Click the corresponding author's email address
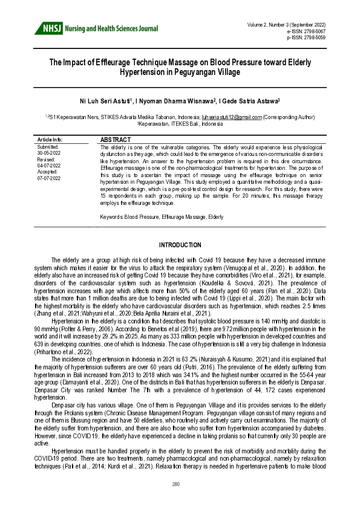(x=231, y=116)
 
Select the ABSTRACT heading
(x=115, y=139)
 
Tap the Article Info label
(x=50, y=139)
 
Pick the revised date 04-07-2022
(x=49, y=165)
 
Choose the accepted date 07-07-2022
(x=49, y=178)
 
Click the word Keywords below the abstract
(x=111, y=216)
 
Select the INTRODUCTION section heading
(x=180, y=245)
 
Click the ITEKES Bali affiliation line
(x=180, y=123)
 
